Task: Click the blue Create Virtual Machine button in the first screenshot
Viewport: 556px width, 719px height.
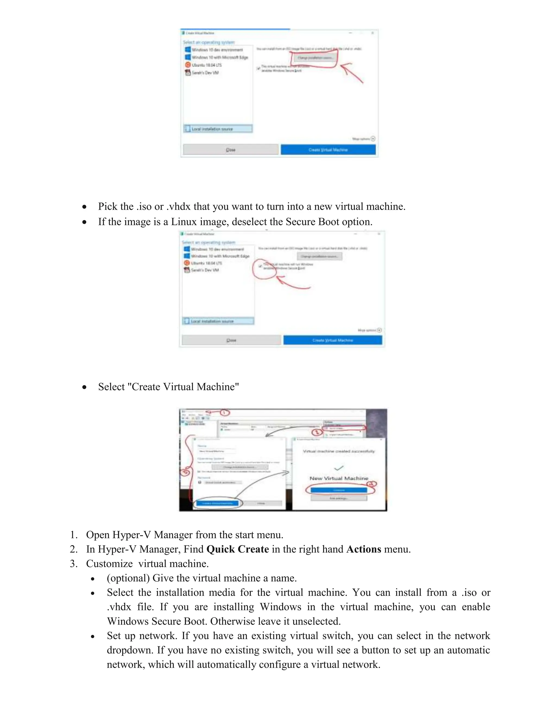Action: (x=328, y=150)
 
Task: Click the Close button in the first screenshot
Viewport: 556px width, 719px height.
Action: (x=230, y=150)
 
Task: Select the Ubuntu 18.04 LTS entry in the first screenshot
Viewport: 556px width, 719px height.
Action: (x=207, y=65)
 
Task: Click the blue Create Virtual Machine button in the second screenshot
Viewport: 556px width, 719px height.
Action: (x=333, y=340)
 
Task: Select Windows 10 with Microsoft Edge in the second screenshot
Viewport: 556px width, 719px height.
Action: (x=220, y=256)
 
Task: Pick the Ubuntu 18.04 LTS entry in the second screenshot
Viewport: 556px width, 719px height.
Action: (x=206, y=263)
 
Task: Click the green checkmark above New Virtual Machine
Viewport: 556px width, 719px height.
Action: (x=339, y=467)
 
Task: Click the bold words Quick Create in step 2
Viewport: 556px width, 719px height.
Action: (x=238, y=549)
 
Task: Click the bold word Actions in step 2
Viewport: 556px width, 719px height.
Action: (x=364, y=549)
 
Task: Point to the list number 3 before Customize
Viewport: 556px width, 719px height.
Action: (x=73, y=564)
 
